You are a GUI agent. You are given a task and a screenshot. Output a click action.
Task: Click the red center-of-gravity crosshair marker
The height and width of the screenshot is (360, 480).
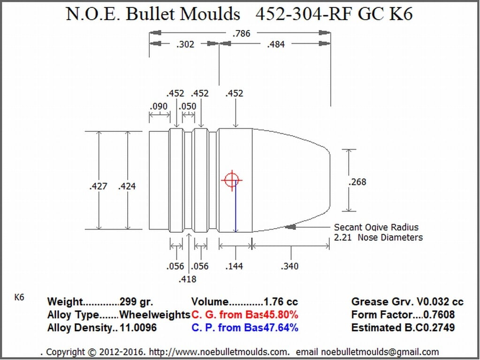(x=231, y=180)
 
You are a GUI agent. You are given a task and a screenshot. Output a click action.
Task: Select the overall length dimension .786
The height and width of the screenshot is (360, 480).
(x=241, y=33)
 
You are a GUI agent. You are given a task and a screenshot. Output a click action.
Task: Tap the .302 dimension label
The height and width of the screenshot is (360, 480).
(x=185, y=45)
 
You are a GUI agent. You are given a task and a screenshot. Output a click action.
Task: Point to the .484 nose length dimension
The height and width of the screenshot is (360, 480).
(x=275, y=45)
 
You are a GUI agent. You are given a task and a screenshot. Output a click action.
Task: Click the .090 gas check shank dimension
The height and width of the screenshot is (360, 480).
(x=159, y=107)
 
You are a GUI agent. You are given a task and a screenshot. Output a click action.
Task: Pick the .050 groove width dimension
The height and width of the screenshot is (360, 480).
(x=189, y=107)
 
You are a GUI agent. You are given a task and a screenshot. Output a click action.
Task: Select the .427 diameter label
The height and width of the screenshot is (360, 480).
(x=98, y=186)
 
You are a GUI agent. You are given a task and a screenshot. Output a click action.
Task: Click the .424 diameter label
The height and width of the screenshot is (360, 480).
(x=127, y=186)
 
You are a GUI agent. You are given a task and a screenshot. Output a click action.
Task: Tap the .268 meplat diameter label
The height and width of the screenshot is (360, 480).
(x=358, y=182)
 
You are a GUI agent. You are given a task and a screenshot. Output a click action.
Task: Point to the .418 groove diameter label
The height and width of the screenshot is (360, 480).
(x=187, y=279)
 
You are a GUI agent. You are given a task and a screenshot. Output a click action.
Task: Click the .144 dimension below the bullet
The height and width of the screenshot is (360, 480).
(x=234, y=266)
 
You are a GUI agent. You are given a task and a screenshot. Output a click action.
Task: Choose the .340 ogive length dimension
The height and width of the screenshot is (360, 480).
(x=290, y=266)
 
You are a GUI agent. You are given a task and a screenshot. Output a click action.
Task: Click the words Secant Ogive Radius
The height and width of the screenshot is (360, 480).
(x=376, y=228)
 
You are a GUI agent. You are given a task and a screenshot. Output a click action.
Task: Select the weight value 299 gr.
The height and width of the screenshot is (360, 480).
(x=136, y=302)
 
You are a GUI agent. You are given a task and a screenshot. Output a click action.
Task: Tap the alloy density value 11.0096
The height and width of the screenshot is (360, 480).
(x=138, y=328)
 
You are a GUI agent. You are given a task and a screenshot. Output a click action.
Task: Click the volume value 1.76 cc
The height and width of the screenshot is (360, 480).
(x=281, y=302)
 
